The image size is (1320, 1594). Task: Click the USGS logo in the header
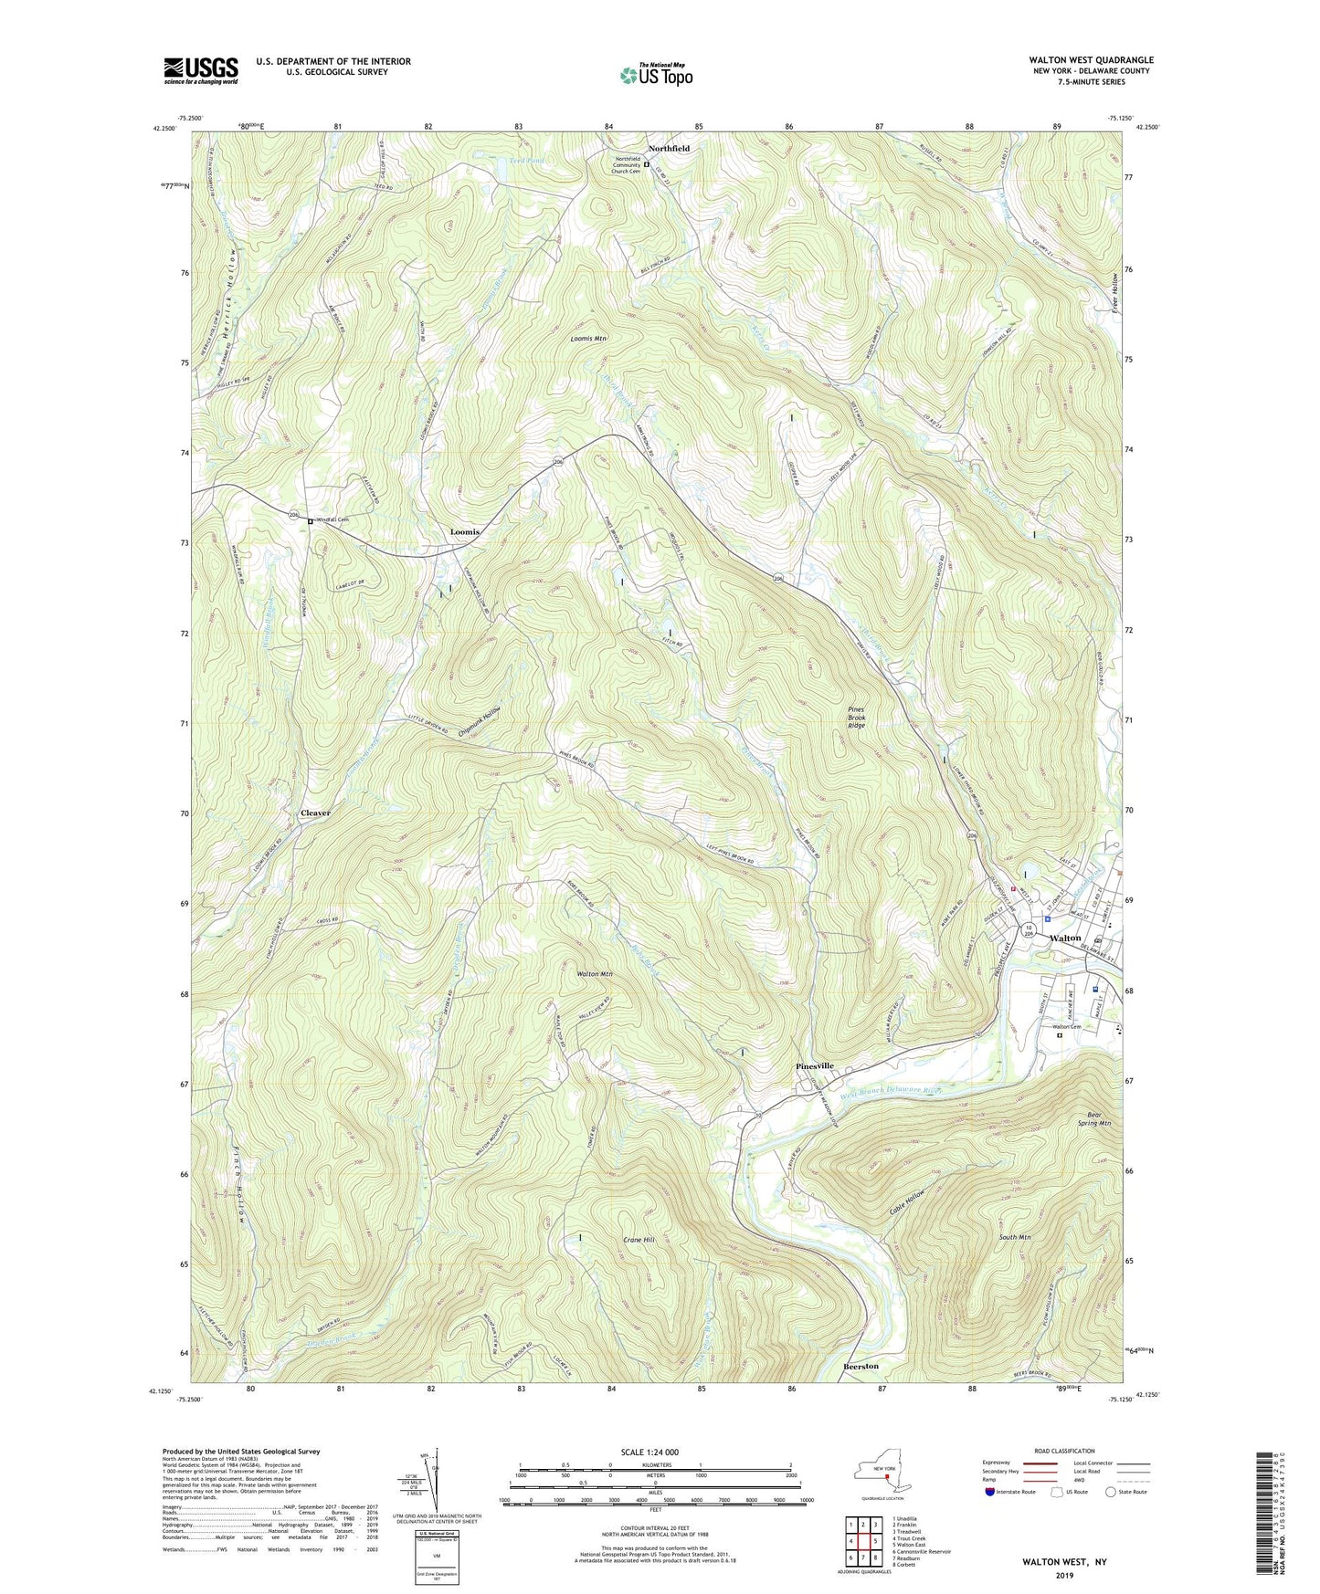coord(201,70)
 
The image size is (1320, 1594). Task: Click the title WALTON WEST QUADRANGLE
coord(1090,60)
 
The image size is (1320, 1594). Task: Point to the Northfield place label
coord(669,148)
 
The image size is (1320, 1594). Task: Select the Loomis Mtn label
coord(589,338)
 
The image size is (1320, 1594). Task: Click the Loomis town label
coord(464,531)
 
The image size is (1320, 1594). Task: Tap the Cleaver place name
coord(315,813)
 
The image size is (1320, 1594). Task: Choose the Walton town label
coord(1065,938)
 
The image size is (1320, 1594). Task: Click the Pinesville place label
coord(815,1065)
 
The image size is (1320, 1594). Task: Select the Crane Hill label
coord(639,1240)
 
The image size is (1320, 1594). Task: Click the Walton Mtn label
coord(594,974)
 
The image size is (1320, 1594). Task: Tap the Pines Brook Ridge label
coord(856,718)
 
